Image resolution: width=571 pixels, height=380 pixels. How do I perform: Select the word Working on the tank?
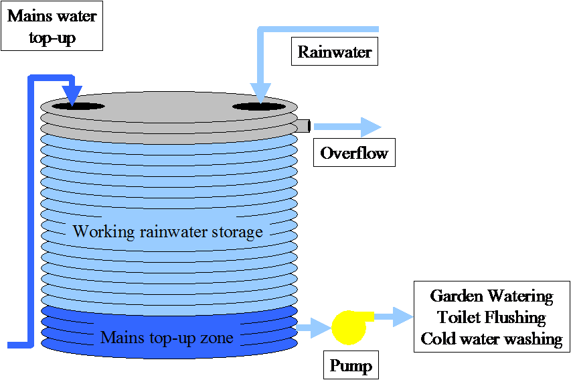103,232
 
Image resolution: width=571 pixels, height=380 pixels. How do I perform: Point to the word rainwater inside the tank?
173,232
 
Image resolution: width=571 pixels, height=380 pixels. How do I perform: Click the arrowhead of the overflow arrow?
371,127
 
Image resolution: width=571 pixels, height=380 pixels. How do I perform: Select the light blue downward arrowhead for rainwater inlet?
260,92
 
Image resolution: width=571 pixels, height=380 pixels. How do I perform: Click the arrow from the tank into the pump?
311,328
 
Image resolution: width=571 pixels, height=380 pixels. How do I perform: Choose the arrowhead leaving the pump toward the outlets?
403,316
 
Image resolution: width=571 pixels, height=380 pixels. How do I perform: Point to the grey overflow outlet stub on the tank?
303,126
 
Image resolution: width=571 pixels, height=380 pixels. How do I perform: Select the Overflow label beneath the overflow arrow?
353,153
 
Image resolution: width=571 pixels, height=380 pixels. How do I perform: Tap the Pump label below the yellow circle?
351,366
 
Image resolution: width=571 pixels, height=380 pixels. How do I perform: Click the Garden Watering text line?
493,296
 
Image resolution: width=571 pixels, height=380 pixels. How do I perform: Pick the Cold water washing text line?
493,338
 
